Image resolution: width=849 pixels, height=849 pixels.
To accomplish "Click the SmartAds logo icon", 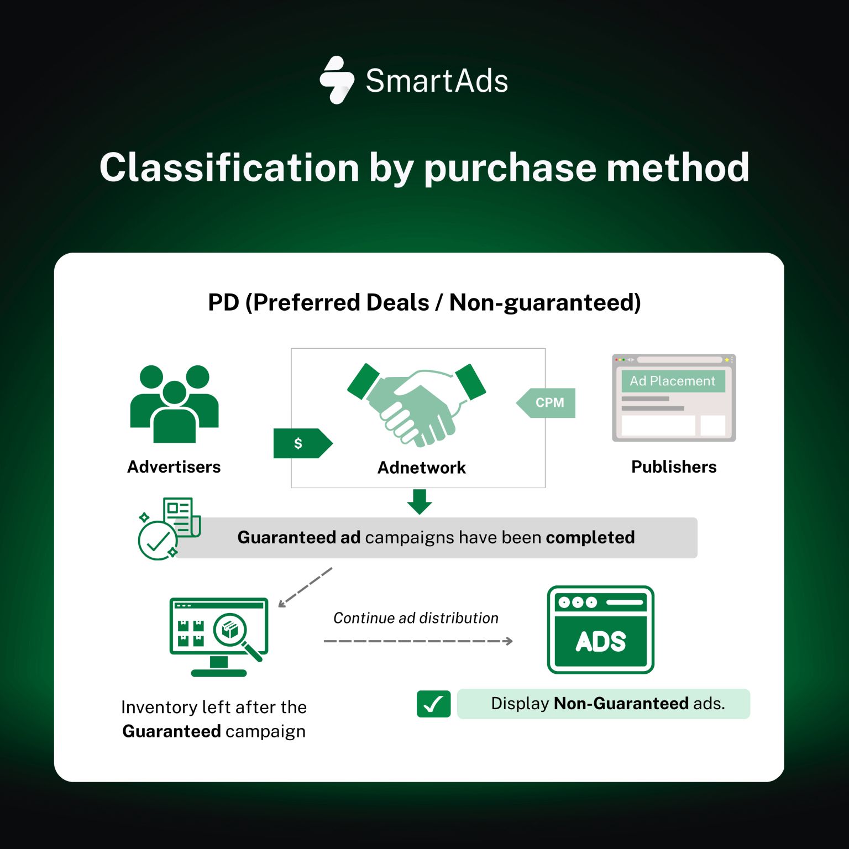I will [x=337, y=80].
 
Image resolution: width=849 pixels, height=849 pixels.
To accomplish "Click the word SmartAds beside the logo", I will [x=437, y=81].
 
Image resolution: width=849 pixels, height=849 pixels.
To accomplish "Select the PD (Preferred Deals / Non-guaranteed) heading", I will [x=424, y=302].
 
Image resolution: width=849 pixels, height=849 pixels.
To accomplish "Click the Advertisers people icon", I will [x=174, y=403].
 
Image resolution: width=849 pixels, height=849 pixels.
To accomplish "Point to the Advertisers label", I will [x=174, y=467].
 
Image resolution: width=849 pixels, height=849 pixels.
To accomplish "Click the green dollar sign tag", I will [x=302, y=443].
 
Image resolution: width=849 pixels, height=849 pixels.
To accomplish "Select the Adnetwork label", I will [x=421, y=468].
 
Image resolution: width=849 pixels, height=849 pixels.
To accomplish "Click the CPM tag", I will [x=547, y=403].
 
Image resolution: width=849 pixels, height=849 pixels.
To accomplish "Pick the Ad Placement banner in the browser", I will [x=673, y=381].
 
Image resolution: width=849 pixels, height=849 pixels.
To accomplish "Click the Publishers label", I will [x=673, y=467].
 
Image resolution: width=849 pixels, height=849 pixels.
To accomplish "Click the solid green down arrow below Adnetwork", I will [x=420, y=501].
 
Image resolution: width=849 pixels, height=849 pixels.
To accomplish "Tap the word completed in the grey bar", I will [x=590, y=537].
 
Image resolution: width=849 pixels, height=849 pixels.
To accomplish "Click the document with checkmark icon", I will [x=168, y=528].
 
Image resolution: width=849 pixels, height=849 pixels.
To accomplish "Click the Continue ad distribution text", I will [x=416, y=618].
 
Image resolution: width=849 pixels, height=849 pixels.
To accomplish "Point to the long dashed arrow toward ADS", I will [x=418, y=641].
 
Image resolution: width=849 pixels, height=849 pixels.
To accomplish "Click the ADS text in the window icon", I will [x=600, y=642].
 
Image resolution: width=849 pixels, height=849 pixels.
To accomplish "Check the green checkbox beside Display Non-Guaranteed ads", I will [x=433, y=704].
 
